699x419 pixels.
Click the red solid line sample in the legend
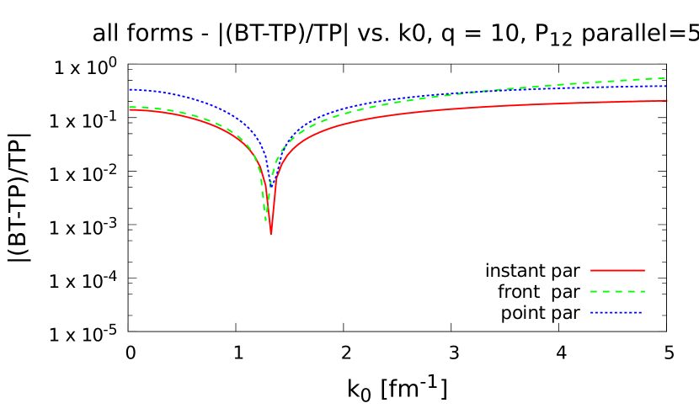click(x=617, y=270)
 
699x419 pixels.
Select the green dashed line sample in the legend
click(x=617, y=291)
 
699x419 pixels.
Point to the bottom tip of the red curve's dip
click(x=270, y=233)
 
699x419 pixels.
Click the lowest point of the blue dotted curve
click(x=270, y=184)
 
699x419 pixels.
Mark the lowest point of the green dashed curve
click(x=267, y=220)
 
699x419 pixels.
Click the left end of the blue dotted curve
click(x=130, y=89)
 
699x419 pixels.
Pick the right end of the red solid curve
click(x=667, y=100)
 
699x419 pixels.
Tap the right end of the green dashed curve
click(x=666, y=77)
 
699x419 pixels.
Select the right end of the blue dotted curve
click(x=666, y=86)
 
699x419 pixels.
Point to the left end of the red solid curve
click(x=130, y=109)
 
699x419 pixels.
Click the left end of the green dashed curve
click(x=130, y=107)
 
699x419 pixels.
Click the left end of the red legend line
click(x=591, y=270)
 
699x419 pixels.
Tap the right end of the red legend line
click(x=644, y=270)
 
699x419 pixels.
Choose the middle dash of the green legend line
click(x=617, y=291)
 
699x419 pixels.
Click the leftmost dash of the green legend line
click(x=594, y=291)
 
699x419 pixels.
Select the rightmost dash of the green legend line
click(x=642, y=291)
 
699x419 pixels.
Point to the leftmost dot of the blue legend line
click(x=592, y=312)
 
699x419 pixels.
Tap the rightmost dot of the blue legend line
click(x=641, y=312)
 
